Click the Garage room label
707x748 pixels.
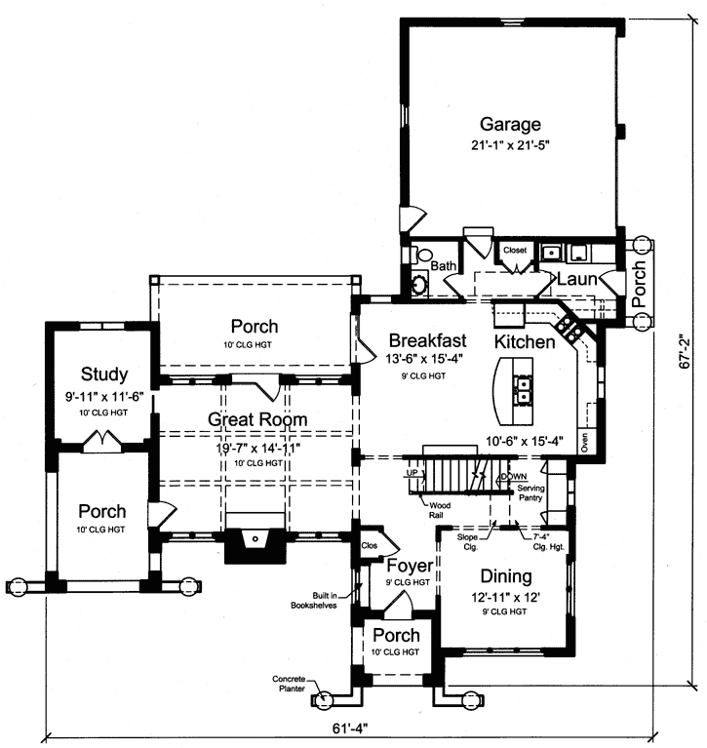(x=509, y=125)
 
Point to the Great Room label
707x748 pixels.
(x=256, y=419)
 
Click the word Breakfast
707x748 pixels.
(x=427, y=340)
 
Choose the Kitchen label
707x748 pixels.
(x=525, y=342)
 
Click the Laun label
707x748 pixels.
(x=576, y=279)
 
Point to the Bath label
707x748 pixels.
(x=445, y=265)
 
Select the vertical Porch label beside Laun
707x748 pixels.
(x=640, y=283)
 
